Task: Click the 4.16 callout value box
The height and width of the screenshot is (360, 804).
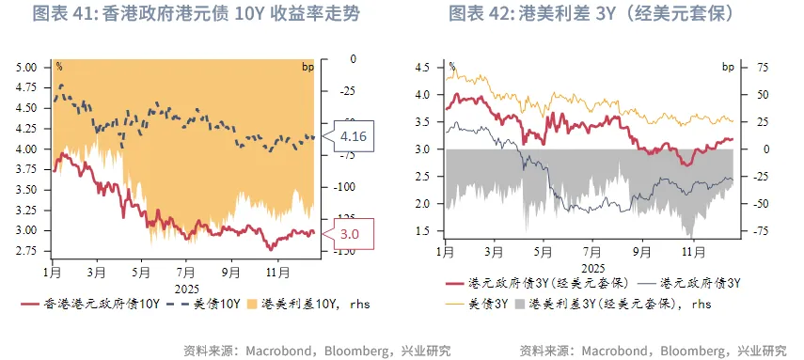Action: pos(354,137)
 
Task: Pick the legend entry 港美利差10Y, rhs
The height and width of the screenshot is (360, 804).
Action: pos(300,304)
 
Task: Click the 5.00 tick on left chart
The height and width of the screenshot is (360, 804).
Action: pos(25,68)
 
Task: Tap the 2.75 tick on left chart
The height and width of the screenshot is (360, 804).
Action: pos(25,251)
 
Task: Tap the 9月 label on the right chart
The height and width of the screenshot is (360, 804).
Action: pos(642,253)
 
